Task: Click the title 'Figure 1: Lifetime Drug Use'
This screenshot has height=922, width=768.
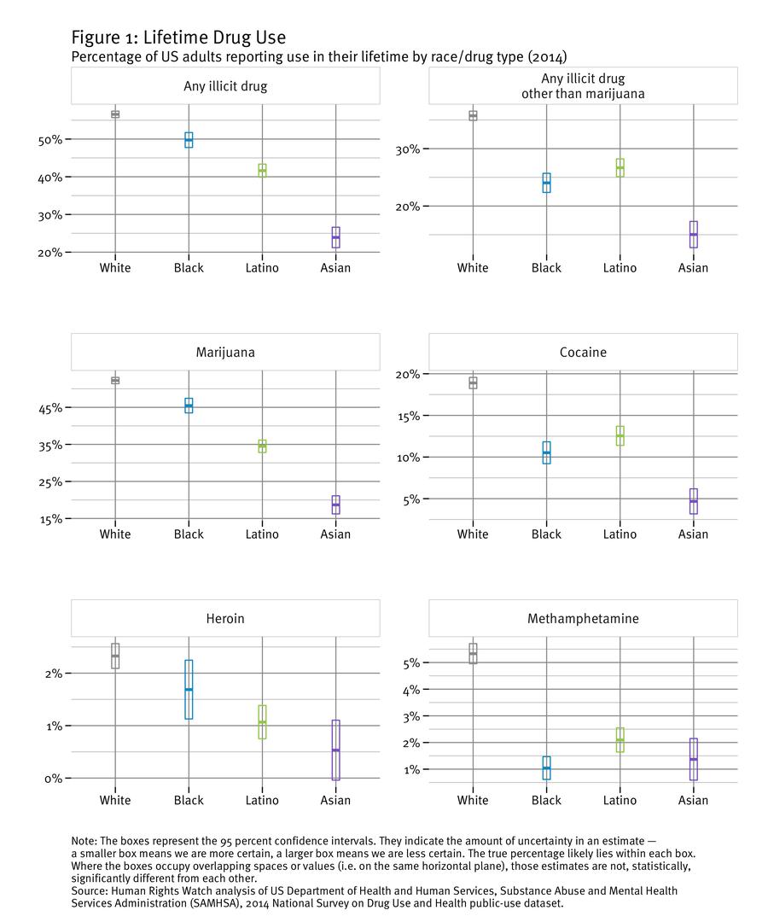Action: (178, 38)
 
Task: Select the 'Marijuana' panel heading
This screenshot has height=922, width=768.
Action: (224, 352)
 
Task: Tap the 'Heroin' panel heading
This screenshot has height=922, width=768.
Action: (224, 618)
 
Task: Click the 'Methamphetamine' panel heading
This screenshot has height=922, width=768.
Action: (583, 618)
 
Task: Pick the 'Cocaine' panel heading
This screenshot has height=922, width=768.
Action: (583, 352)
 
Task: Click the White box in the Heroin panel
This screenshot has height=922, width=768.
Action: (115, 656)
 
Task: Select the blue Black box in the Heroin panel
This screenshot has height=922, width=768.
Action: (189, 689)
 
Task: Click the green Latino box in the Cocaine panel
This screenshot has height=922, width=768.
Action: (620, 435)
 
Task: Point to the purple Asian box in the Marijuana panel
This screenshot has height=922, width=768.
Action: (335, 505)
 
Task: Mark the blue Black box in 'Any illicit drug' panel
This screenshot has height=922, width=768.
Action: (189, 140)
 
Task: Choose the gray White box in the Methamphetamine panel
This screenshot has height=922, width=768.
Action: (473, 653)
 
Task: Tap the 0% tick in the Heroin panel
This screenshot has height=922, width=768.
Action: (53, 779)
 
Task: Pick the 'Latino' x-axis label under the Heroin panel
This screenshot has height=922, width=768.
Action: (262, 801)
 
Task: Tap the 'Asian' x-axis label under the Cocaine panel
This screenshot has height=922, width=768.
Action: (693, 534)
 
